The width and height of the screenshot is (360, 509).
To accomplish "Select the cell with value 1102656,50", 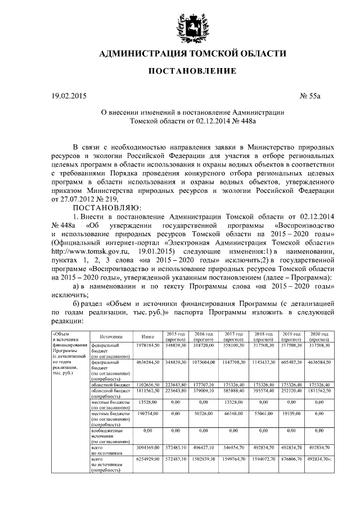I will pyautogui.click(x=148, y=384).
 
